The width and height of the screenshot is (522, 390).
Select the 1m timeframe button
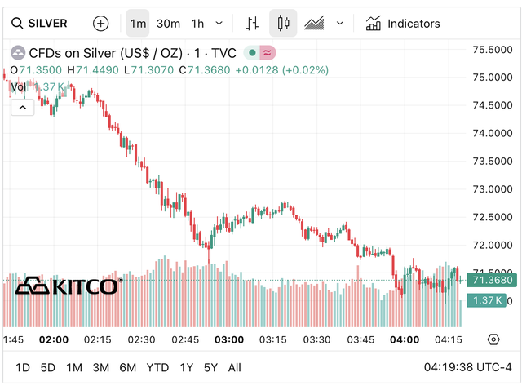[138, 24]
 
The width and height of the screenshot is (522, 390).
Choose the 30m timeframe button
[168, 24]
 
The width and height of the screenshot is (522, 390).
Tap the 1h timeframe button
[197, 24]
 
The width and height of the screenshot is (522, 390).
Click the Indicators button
[403, 24]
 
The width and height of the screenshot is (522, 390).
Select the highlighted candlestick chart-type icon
[283, 24]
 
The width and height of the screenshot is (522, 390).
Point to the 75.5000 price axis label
[493, 50]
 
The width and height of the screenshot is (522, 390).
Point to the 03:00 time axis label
[229, 339]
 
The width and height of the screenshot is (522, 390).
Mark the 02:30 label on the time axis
[141, 339]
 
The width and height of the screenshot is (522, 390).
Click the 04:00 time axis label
[405, 339]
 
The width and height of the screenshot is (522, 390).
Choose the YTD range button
[157, 367]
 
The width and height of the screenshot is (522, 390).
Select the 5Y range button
[210, 367]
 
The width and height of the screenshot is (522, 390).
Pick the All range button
[235, 367]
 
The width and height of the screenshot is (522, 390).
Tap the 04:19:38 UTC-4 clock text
[467, 367]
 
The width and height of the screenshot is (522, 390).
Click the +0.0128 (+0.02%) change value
[281, 70]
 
